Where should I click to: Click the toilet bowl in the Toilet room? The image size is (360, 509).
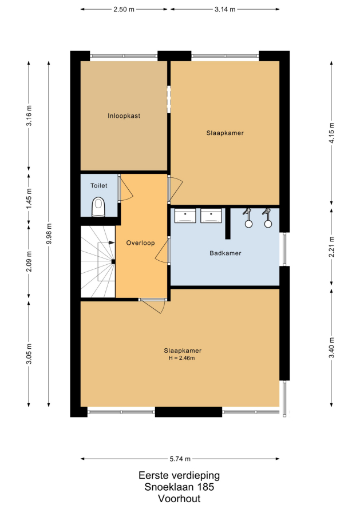click(99, 207)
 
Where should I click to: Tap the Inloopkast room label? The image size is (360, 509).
click(124, 116)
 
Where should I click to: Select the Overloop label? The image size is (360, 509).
click(140, 243)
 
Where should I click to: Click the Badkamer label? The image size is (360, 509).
click(225, 253)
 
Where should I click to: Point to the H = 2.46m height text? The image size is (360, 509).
click(181, 358)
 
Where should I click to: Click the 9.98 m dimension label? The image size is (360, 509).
click(49, 234)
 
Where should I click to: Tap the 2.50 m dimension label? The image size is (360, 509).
click(124, 9)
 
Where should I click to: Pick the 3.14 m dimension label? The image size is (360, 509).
click(225, 9)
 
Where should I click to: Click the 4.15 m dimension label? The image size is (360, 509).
click(331, 133)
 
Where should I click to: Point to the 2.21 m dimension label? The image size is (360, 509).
click(331, 246)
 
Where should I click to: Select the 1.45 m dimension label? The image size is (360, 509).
click(29, 198)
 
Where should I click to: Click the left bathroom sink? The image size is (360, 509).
click(185, 216)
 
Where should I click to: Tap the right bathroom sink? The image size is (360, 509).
click(211, 216)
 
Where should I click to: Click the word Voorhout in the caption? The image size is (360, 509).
click(179, 498)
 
